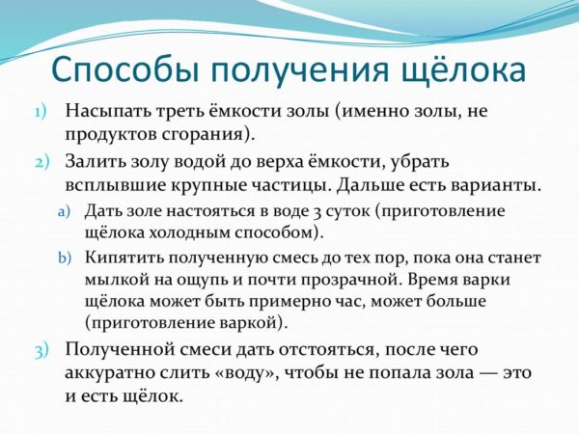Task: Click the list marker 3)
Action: (x=41, y=351)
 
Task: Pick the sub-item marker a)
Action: (x=65, y=212)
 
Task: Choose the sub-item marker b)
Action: (x=65, y=258)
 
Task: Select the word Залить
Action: (x=95, y=162)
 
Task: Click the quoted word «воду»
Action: (x=247, y=372)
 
